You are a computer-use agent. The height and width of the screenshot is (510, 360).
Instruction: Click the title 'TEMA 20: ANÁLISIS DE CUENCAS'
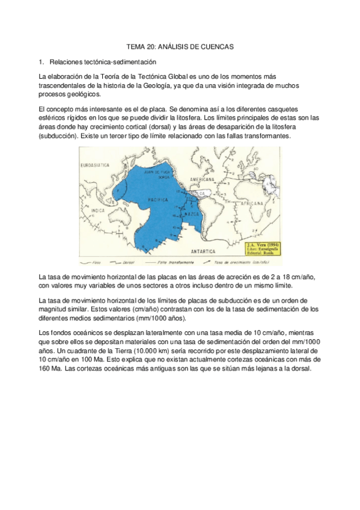pyautogui.click(x=180, y=46)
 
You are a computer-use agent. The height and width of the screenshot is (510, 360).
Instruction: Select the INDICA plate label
pyautogui.click(x=97, y=209)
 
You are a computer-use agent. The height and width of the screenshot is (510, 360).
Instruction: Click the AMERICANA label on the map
pyautogui.click(x=202, y=179)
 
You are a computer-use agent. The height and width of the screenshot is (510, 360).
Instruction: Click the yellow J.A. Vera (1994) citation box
pyautogui.click(x=263, y=250)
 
